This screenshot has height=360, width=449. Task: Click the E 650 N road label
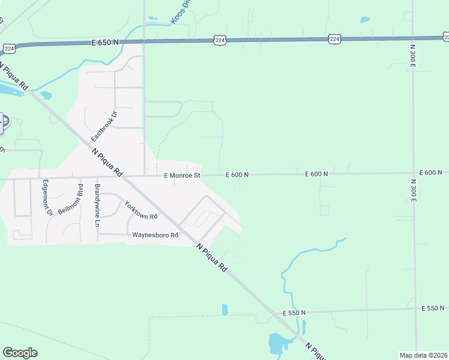105,43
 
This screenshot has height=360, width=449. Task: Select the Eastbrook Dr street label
103,126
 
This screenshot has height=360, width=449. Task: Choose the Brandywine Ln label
97,205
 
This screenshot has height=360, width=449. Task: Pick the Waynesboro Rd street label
155,235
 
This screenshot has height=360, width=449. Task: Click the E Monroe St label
182,175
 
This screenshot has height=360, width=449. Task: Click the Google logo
20,353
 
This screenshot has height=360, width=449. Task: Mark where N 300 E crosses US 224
413,38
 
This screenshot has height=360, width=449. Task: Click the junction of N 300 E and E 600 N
414,173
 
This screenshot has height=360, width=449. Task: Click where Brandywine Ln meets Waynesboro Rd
98,234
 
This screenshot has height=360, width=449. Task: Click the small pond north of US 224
365,20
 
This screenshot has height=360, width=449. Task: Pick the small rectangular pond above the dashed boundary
224,310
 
